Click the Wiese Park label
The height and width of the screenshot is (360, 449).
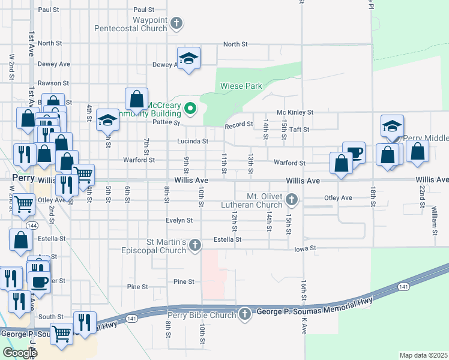(x=240, y=86)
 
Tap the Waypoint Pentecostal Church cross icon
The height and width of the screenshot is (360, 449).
(x=176, y=24)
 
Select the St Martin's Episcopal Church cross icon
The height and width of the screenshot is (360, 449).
(x=194, y=245)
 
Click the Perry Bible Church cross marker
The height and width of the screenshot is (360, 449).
(x=244, y=314)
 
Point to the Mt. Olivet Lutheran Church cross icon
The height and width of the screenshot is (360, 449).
(x=292, y=199)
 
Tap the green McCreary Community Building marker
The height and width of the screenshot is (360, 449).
(x=190, y=109)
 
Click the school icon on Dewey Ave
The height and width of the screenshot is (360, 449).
(x=188, y=59)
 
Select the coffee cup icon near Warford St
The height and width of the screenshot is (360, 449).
(x=354, y=152)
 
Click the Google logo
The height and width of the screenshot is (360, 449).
(x=20, y=353)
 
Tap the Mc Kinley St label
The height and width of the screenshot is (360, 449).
(x=295, y=112)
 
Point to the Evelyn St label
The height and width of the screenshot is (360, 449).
(x=179, y=220)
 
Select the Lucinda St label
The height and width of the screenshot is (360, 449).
(x=192, y=142)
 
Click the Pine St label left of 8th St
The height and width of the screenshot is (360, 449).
(x=138, y=287)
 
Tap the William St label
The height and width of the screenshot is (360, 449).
(x=433, y=221)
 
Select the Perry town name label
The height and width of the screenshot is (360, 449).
(x=23, y=178)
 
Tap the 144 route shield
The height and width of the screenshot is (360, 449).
(x=31, y=225)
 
